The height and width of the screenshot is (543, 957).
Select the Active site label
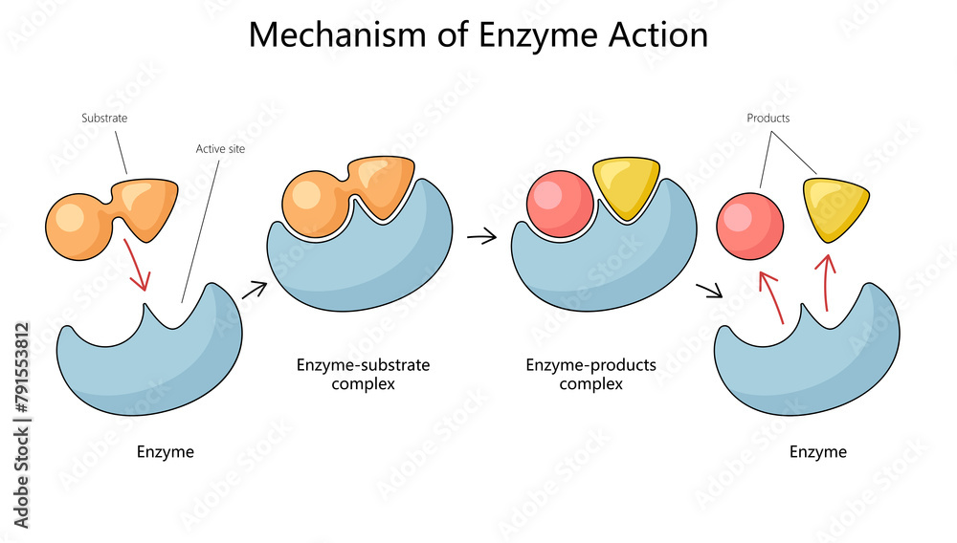tap(220, 149)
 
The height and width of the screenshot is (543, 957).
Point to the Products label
tap(768, 119)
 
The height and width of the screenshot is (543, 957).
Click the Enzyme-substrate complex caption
tap(363, 374)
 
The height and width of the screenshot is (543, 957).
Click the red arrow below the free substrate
tap(136, 265)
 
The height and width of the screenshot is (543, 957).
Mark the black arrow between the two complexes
tap(482, 235)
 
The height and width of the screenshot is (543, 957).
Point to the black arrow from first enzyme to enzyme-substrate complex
tap(254, 289)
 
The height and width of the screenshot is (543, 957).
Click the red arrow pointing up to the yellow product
tap(829, 277)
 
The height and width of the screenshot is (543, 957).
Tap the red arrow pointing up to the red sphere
tap(771, 295)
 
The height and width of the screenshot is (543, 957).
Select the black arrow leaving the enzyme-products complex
tap(709, 290)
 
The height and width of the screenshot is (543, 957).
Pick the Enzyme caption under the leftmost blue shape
tap(165, 451)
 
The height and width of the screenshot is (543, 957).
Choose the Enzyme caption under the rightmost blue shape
tap(817, 451)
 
